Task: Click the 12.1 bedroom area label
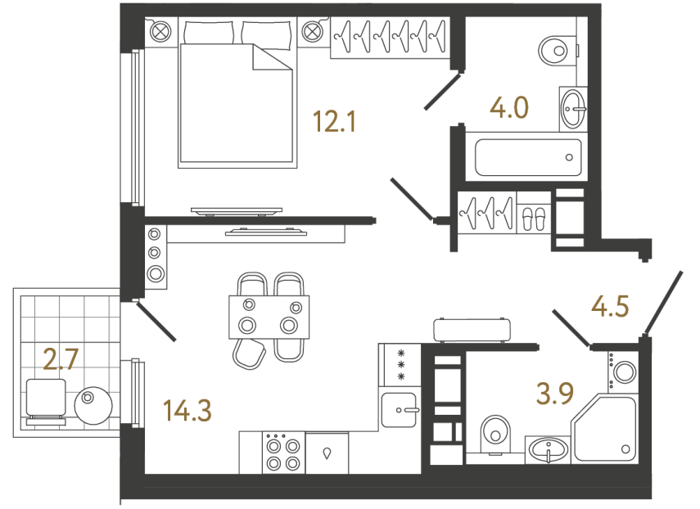click(x=334, y=124)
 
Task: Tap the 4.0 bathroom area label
click(x=508, y=107)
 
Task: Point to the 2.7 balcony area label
click(x=60, y=358)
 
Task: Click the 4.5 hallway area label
click(x=609, y=308)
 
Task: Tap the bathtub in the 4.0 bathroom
click(x=528, y=155)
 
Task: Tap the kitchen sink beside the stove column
click(x=400, y=407)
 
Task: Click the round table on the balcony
click(x=91, y=405)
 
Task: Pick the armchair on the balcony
click(x=46, y=400)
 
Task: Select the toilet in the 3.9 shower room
click(x=494, y=432)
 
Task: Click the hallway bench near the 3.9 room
click(x=472, y=329)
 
